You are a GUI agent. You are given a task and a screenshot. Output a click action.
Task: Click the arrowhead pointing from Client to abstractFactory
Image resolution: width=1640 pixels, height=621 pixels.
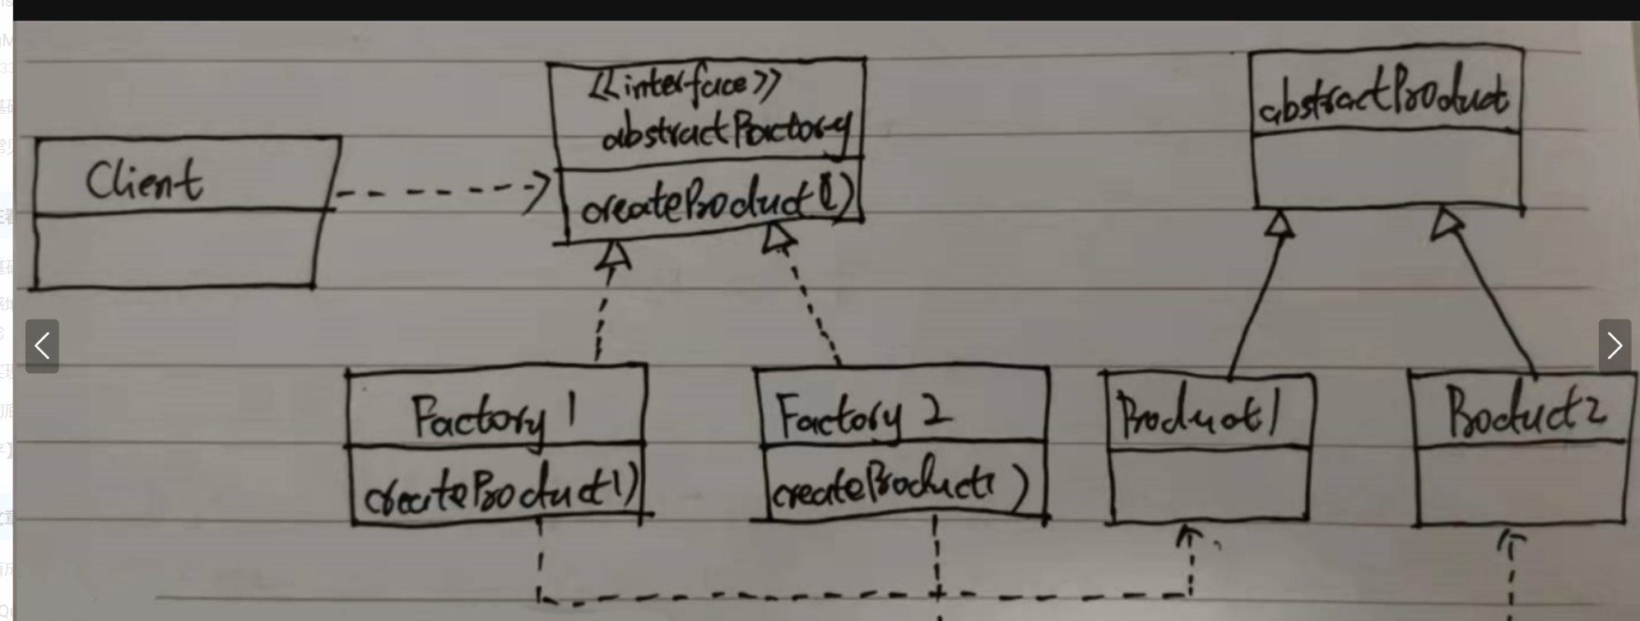[539, 191]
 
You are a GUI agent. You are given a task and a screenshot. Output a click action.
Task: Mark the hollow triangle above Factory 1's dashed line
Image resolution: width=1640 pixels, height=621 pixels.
[613, 257]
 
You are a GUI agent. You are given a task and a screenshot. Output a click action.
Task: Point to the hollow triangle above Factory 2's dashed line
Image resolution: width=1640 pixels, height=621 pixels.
[778, 239]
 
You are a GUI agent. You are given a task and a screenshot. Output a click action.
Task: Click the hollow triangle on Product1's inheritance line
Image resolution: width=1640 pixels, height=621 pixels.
[1279, 225]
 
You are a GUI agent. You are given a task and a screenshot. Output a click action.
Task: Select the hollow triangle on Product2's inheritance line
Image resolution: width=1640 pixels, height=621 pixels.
[1447, 223]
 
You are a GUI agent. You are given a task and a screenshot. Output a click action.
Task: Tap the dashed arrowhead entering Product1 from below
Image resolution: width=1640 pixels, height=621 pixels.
[1187, 538]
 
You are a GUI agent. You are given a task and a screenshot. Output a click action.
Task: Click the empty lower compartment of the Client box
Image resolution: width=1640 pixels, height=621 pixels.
[174, 250]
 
